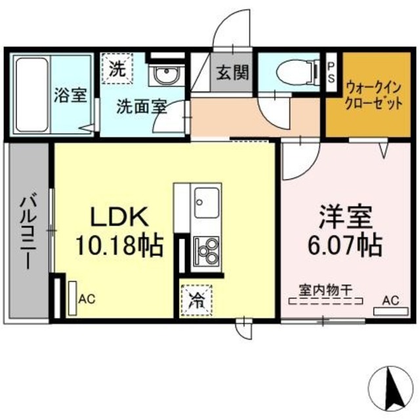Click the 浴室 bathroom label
point(71,95)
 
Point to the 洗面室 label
point(141,106)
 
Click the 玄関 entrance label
point(233,73)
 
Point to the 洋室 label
point(346,216)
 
